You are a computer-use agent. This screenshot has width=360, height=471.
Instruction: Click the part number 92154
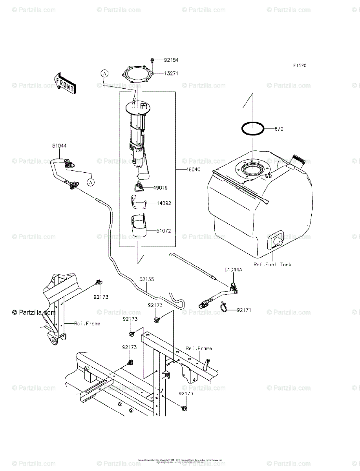[171, 60]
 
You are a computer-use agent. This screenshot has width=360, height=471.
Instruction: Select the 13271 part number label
[171, 73]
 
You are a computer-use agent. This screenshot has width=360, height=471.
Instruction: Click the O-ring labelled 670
[252, 129]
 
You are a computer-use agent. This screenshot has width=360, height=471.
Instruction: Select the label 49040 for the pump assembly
[194, 170]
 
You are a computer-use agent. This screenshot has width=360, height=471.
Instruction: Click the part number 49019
[160, 188]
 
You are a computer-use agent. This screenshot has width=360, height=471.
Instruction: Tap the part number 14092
[164, 203]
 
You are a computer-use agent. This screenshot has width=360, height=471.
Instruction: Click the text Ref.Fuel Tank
[272, 265]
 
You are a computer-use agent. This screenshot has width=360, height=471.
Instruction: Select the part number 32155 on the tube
[146, 279]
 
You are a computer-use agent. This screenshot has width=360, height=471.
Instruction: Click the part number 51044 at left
[59, 146]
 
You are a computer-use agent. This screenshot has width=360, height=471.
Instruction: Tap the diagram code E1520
[299, 66]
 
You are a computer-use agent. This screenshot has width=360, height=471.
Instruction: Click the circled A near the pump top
[104, 73]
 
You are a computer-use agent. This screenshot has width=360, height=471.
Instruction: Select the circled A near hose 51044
[91, 182]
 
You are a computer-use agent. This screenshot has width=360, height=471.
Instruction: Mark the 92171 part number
[244, 310]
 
